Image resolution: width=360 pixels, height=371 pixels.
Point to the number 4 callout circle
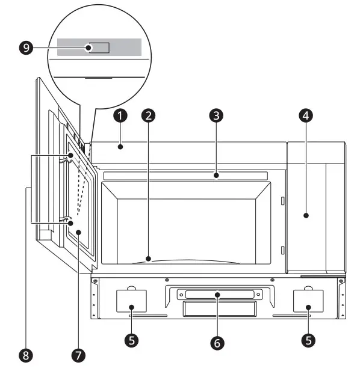306,114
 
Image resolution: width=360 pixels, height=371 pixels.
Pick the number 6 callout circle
217,343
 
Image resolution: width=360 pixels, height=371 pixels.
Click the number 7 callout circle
77,355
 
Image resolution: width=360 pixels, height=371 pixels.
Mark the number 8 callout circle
25,355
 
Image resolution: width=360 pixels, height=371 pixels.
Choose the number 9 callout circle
26,48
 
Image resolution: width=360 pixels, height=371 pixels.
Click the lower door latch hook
68,220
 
